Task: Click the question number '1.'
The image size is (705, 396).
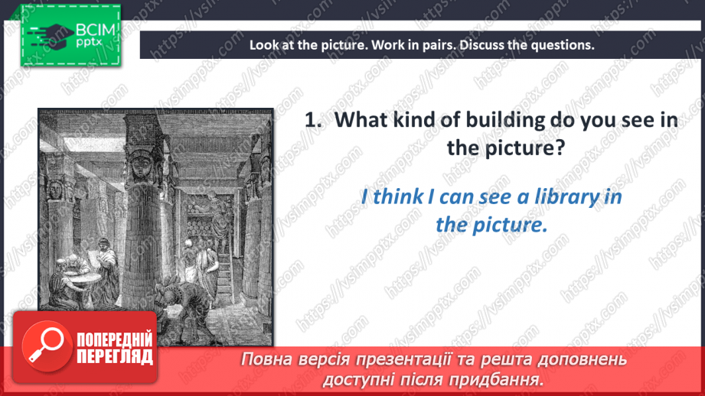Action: click(x=313, y=120)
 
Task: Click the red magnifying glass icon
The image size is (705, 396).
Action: click(x=47, y=346)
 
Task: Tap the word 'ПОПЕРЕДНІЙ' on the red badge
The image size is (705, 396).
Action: click(x=115, y=339)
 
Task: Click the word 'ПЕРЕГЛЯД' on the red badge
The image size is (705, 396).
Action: click(x=115, y=356)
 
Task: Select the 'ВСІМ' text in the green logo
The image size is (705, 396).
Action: click(x=96, y=31)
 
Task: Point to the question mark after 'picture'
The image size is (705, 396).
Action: click(x=560, y=148)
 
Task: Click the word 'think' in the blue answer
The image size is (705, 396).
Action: click(x=398, y=197)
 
